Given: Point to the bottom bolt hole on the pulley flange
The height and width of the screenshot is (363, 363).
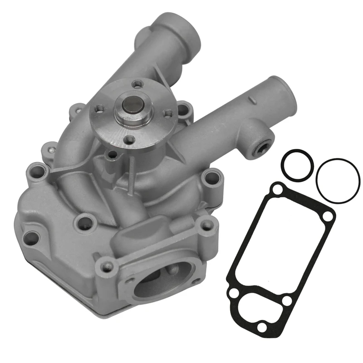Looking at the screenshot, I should coord(129,140).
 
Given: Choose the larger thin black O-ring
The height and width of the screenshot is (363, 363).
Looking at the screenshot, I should coord(338,181).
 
